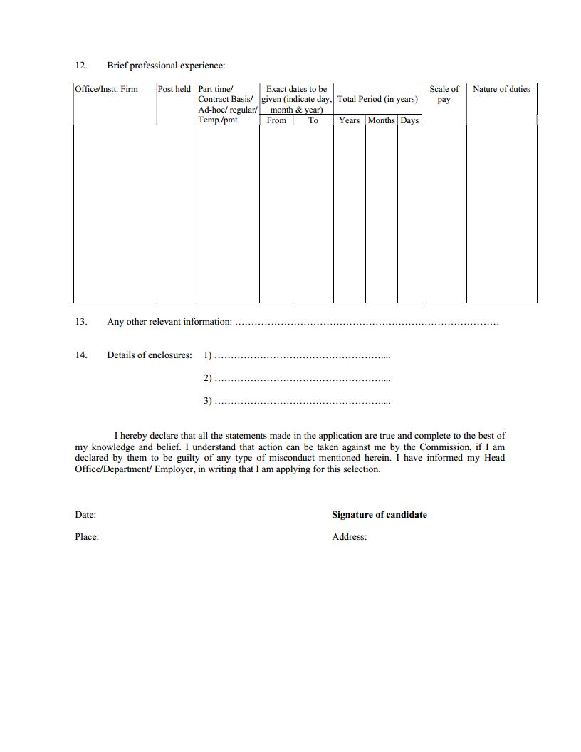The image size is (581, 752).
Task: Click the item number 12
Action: [x=80, y=66]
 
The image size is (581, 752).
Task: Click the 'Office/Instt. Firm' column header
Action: [x=106, y=89]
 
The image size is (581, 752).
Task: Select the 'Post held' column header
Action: [x=174, y=89]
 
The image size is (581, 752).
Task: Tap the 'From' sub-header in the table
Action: [x=276, y=120]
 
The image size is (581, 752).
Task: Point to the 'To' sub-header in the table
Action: [x=313, y=120]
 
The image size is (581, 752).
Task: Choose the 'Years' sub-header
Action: [x=349, y=120]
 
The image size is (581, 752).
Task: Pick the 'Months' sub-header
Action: [x=382, y=120]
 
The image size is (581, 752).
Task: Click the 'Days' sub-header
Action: [x=409, y=120]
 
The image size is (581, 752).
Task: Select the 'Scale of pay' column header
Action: [x=444, y=94]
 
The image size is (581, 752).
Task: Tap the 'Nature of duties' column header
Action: [x=501, y=89]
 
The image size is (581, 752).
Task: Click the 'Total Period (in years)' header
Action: [x=377, y=99]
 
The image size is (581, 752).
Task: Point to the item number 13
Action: [x=80, y=322]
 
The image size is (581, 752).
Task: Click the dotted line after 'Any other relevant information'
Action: [x=367, y=323]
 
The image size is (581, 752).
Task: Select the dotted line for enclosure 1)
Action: [x=302, y=355]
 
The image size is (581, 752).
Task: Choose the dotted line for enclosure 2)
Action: [x=302, y=379]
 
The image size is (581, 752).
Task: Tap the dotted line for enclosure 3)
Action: [x=302, y=402]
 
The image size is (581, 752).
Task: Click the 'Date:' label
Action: [x=85, y=515]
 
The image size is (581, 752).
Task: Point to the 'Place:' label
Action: [x=87, y=537]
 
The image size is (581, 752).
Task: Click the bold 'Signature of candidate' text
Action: [x=380, y=515]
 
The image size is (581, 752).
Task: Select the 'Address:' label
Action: [x=349, y=537]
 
